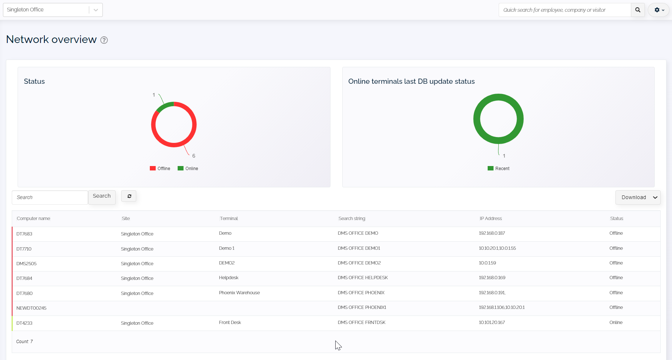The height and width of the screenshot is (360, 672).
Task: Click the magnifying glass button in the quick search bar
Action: (637, 10)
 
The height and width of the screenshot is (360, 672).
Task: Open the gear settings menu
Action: (659, 10)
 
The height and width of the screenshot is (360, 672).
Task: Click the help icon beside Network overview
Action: (104, 40)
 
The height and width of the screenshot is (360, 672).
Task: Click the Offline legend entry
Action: (160, 169)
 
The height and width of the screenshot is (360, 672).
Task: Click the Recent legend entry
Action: (499, 169)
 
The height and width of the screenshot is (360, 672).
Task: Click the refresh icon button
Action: (129, 196)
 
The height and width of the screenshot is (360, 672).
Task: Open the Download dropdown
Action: (638, 197)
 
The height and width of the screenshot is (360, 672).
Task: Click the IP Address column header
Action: (491, 219)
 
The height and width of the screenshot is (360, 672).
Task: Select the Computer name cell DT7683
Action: (25, 234)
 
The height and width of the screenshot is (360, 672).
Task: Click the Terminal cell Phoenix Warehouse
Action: (239, 293)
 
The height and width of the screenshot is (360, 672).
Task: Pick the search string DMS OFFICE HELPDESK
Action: (363, 278)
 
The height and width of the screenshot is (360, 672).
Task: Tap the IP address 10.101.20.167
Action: (492, 323)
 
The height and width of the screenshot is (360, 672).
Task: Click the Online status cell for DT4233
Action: (616, 323)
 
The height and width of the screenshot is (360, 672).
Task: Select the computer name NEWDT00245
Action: (32, 308)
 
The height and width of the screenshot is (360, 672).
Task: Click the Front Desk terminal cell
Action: (230, 323)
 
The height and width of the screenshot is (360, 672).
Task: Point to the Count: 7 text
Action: (25, 342)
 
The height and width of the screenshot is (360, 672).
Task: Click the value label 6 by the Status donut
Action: (194, 156)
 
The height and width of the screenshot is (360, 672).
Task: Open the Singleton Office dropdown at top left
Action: (53, 10)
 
